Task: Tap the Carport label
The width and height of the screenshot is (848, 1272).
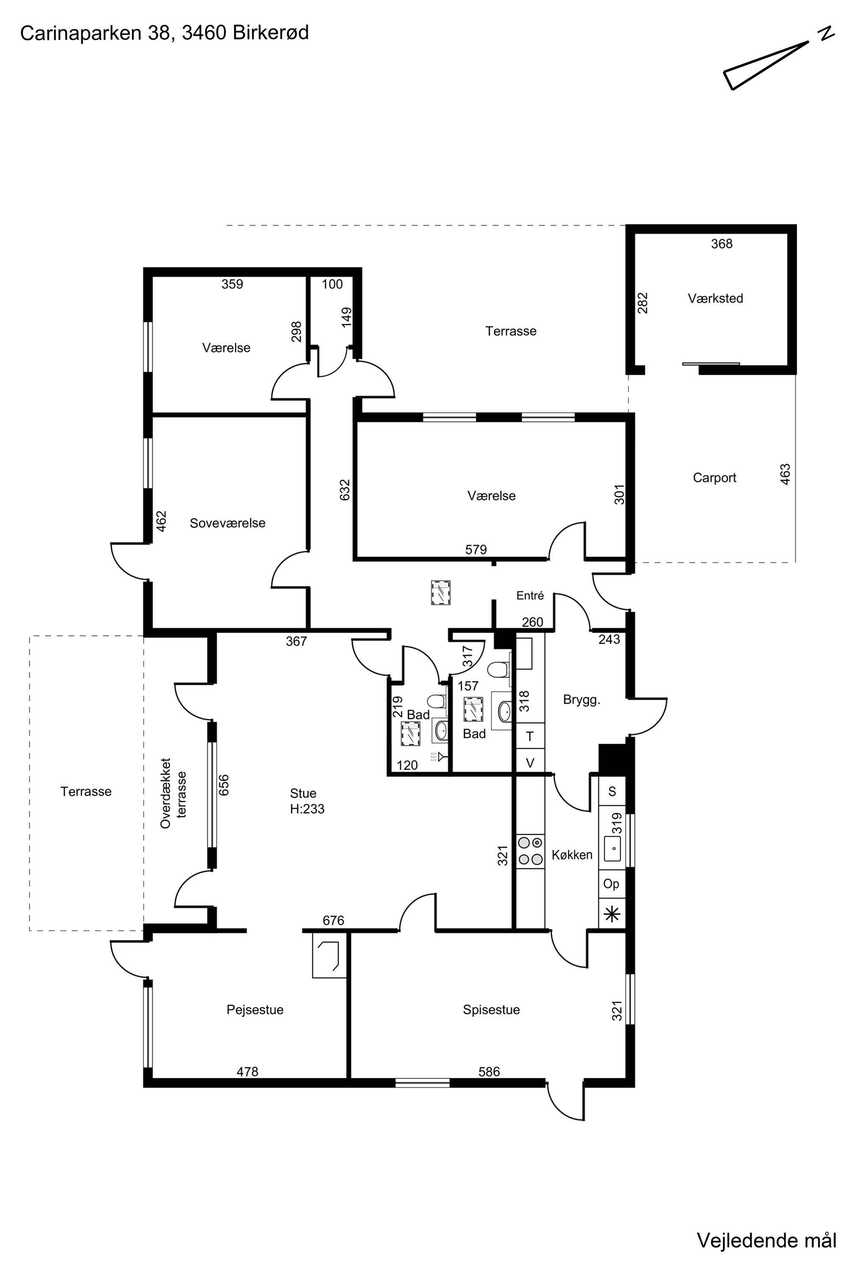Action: click(714, 478)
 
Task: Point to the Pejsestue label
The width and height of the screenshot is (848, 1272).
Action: click(255, 1010)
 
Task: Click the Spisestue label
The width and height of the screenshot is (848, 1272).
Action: click(491, 1010)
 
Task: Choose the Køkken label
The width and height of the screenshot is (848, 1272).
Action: click(572, 855)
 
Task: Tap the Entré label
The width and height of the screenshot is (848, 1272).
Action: click(530, 595)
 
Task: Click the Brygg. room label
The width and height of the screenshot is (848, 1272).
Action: click(581, 700)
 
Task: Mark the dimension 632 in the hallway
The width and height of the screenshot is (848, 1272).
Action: click(345, 490)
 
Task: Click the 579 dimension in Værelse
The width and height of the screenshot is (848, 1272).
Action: click(476, 550)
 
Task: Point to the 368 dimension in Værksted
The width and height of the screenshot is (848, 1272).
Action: click(722, 244)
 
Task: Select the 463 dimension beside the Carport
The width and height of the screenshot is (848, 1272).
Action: click(785, 474)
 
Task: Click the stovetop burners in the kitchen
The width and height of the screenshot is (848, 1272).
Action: click(530, 851)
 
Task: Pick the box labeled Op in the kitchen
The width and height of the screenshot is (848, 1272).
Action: click(612, 884)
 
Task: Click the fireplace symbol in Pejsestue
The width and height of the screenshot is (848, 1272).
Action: click(329, 955)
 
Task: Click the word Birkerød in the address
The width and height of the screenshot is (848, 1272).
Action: click(271, 33)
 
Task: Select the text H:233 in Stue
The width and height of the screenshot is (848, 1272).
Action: click(307, 809)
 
